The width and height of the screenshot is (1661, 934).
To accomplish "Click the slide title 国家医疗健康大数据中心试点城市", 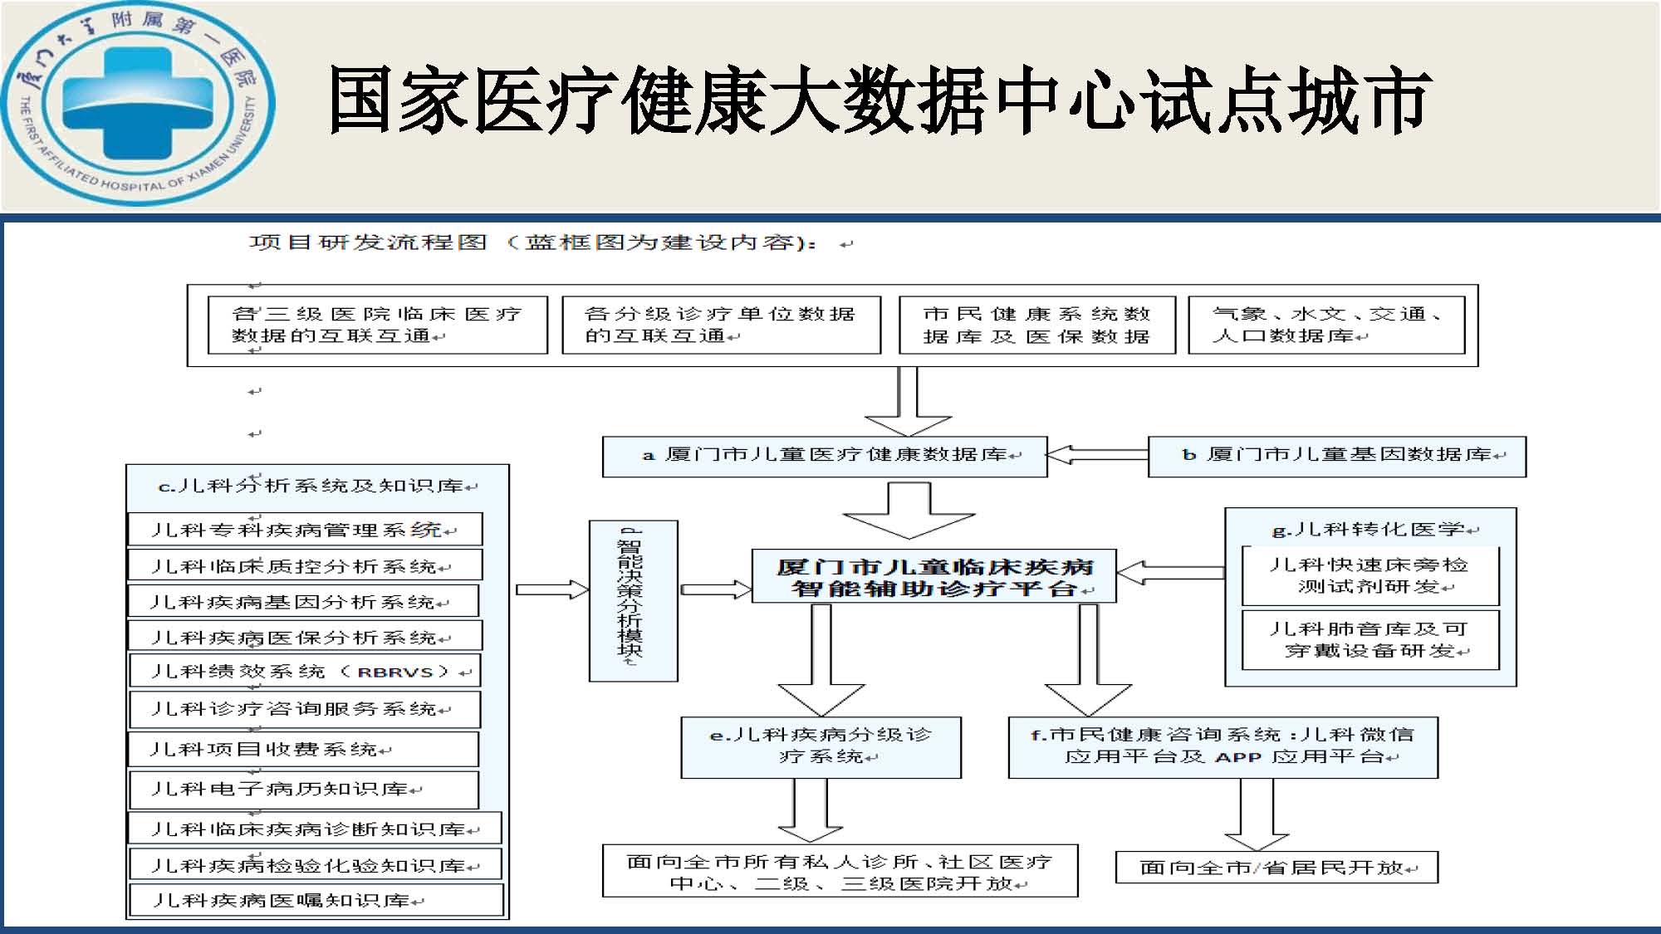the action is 879,100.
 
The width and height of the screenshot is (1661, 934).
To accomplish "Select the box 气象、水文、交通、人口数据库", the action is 1326,325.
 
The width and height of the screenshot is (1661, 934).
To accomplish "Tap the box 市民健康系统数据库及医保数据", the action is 1037,325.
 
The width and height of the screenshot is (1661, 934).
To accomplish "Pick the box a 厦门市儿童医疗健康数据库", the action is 825,456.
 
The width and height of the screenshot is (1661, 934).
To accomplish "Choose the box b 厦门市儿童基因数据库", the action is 1337,456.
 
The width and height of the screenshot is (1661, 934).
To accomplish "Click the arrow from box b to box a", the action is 1096,455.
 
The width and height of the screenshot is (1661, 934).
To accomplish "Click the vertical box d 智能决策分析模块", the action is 633,601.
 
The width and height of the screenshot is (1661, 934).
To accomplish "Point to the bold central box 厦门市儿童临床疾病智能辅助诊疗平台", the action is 933,576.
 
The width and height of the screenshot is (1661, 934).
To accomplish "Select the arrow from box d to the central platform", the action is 716,589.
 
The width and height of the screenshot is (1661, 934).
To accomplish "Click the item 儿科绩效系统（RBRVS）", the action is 305,671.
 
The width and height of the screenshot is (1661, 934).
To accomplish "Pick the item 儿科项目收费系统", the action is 303,749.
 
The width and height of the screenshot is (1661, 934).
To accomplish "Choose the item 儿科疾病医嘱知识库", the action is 316,900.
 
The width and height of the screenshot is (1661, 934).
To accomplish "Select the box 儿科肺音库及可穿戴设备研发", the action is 1370,639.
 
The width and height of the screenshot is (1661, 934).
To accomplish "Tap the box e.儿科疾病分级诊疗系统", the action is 821,747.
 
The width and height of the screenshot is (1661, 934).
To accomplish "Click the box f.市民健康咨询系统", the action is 1222,747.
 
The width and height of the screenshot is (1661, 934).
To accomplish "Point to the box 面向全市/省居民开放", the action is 1276,868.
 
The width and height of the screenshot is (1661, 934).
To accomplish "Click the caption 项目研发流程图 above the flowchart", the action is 368,242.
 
